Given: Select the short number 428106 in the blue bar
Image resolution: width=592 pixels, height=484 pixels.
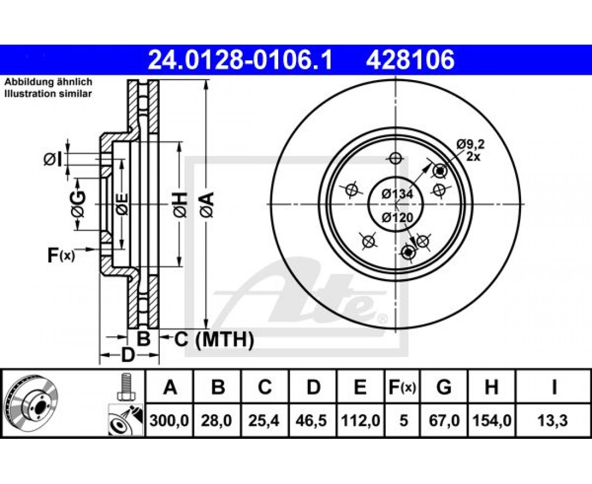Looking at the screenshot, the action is tap(410, 60).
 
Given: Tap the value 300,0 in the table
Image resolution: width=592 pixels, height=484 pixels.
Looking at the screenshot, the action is tap(169, 420).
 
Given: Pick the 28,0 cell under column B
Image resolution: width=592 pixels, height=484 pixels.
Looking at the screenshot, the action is tap(216, 420).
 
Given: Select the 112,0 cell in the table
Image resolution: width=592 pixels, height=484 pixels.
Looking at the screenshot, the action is tap(360, 420).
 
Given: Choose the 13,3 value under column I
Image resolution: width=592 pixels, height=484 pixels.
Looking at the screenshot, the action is tap(553, 420).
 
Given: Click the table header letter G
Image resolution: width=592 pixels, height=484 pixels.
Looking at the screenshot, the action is tap(444, 387).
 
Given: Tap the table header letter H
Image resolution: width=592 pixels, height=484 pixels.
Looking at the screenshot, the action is tap(491, 387).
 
